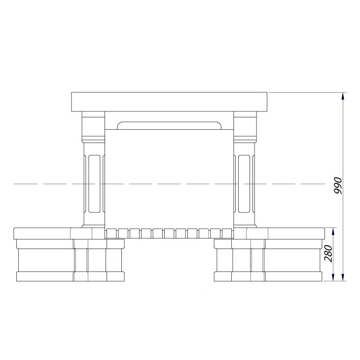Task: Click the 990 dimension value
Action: click(x=338, y=185)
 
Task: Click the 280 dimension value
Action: click(x=328, y=253)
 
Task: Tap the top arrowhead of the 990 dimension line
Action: click(x=343, y=96)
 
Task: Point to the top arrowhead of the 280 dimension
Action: click(x=333, y=231)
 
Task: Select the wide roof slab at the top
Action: click(x=169, y=102)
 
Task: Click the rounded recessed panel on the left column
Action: click(x=94, y=183)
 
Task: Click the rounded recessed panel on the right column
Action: click(x=244, y=183)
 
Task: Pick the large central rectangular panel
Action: click(x=169, y=179)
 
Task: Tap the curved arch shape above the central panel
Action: click(x=169, y=126)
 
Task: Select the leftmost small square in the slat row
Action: click(x=111, y=233)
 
